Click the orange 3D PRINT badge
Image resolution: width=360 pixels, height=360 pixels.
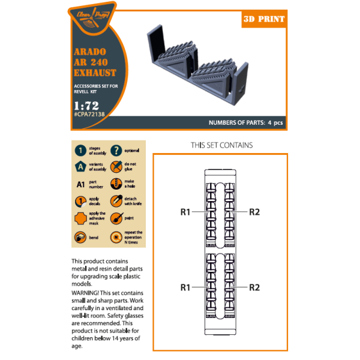tap(263, 19)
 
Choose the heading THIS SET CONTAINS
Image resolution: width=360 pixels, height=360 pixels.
tap(221, 145)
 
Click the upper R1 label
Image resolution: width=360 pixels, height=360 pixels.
tap(185, 212)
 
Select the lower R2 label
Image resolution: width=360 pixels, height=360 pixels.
tap(254, 287)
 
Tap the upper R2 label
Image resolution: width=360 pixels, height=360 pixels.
tap(254, 212)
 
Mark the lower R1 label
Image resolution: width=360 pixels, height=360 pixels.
tap(185, 287)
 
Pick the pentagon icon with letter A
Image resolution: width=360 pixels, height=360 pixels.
tap(80, 167)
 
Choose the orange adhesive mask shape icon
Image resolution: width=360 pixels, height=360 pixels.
tap(80, 218)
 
